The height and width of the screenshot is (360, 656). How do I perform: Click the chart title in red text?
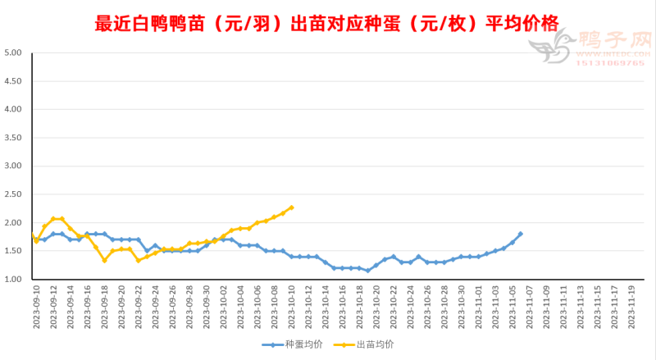[x=327, y=22]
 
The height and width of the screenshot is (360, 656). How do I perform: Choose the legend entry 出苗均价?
[x=369, y=344]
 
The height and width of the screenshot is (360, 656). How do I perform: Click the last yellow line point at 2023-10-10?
[x=291, y=207]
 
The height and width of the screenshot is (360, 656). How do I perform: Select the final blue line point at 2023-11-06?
[x=520, y=234]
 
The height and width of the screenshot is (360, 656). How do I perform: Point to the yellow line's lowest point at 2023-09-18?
[x=104, y=260]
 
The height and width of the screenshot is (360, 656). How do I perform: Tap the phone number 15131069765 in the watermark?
[x=611, y=63]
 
